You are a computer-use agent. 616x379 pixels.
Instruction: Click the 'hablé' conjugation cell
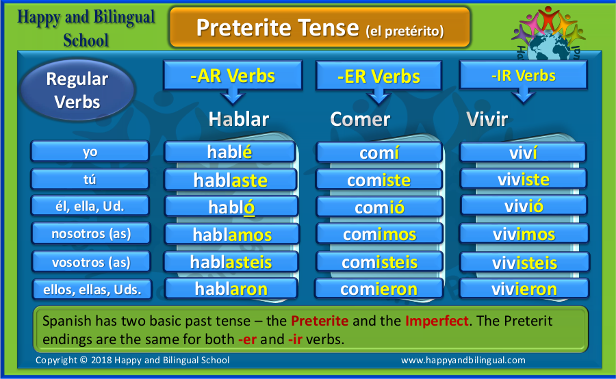tap(230, 152)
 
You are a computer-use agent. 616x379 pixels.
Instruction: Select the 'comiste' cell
tap(379, 180)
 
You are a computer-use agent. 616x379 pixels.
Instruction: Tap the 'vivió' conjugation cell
tap(524, 206)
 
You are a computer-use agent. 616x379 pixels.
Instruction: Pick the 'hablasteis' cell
tap(231, 262)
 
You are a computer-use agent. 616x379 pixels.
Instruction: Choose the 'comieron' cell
tap(378, 289)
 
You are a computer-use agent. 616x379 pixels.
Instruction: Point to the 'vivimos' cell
tap(524, 234)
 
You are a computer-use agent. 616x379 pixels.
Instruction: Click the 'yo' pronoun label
tap(90, 151)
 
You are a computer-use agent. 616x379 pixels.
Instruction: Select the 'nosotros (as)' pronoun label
tap(91, 233)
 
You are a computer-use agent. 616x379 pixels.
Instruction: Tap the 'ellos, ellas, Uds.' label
tap(92, 289)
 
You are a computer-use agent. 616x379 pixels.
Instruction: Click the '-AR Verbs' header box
tap(233, 75)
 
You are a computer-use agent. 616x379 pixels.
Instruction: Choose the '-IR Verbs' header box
tap(524, 75)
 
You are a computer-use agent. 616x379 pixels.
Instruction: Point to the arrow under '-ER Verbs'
tap(378, 96)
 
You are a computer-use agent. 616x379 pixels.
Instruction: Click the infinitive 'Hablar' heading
tap(239, 119)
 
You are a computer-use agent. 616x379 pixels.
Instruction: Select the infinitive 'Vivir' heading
tap(487, 119)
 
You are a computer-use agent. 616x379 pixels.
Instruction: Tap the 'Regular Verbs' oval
tap(77, 90)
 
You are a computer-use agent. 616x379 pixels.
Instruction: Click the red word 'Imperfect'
tap(437, 321)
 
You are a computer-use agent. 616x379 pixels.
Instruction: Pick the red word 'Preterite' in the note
tap(320, 321)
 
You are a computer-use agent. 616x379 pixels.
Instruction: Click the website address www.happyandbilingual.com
tap(463, 360)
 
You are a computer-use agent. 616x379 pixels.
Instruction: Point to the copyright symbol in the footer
tap(84, 360)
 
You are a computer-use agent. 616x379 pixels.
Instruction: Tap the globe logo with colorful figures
tap(548, 34)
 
